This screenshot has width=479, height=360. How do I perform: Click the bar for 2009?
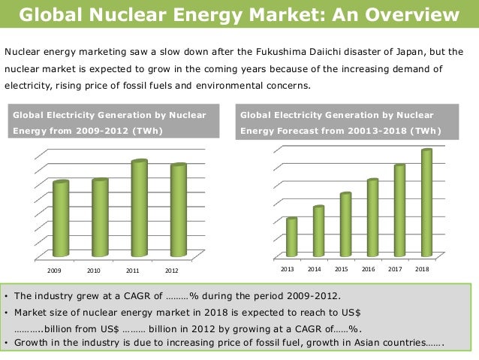(x=61, y=219)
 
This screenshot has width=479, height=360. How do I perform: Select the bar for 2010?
(x=100, y=217)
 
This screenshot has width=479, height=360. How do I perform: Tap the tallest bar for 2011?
(x=139, y=208)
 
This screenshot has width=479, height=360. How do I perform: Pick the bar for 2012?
(x=178, y=210)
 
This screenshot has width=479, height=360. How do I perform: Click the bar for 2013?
(x=291, y=237)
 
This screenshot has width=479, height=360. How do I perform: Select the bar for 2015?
(x=345, y=224)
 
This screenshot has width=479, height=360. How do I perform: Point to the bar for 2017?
(x=399, y=210)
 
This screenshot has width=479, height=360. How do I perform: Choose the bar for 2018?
(x=426, y=202)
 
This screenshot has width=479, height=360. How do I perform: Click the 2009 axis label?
(x=55, y=270)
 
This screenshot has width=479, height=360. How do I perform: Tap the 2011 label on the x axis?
(x=133, y=270)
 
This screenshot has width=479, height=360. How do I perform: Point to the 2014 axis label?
(x=314, y=269)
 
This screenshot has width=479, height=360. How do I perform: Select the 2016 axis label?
(x=368, y=269)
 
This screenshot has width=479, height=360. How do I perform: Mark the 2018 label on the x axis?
(x=422, y=269)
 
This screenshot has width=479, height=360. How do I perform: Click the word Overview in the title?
(x=412, y=15)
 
